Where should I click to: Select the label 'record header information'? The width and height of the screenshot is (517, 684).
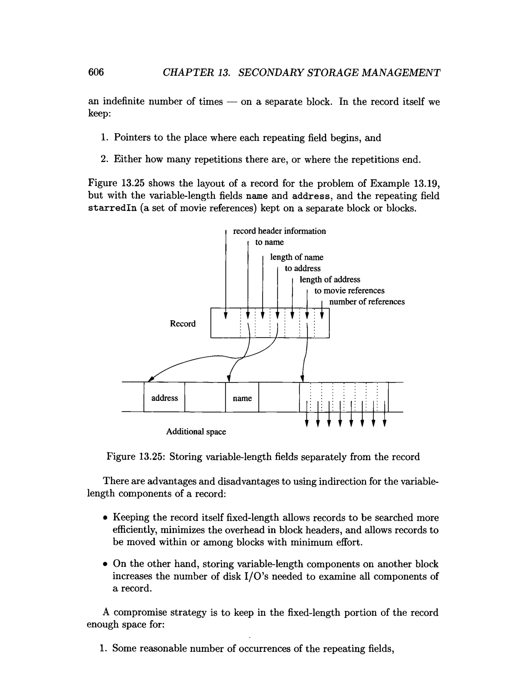pyautogui.click(x=279, y=231)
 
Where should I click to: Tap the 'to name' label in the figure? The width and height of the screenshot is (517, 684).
pyautogui.click(x=269, y=242)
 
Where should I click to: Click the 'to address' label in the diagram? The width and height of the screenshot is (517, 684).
pyautogui.click(x=302, y=268)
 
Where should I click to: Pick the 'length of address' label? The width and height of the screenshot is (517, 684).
pyautogui.click(x=330, y=279)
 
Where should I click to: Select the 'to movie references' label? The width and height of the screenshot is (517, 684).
pyautogui.click(x=349, y=290)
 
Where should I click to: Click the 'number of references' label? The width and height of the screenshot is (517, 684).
pyautogui.click(x=367, y=301)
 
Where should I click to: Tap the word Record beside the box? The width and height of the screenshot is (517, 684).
pyautogui.click(x=183, y=323)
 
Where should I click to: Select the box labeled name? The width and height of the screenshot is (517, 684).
pyautogui.click(x=242, y=398)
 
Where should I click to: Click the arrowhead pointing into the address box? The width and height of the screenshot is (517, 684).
pyautogui.click(x=151, y=379)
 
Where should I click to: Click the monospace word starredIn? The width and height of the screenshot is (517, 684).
pyautogui.click(x=112, y=208)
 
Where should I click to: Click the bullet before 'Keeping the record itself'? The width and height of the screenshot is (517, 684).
pyautogui.click(x=106, y=518)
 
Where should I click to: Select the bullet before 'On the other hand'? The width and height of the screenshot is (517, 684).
pyautogui.click(x=106, y=564)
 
